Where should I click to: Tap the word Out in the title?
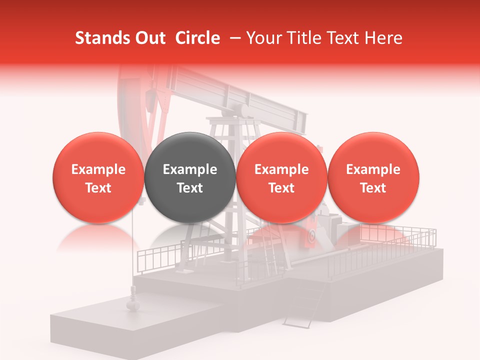click(148, 38)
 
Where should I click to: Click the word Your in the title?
click(262, 38)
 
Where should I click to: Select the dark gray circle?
click(189, 177)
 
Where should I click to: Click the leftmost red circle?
click(98, 177)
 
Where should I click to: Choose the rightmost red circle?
click(373, 177)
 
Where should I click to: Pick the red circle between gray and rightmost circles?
click(281, 177)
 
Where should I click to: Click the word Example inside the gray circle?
click(189, 169)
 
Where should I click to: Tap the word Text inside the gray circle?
click(189, 188)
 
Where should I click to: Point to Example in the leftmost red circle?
click(98, 169)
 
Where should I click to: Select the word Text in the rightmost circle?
click(373, 188)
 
